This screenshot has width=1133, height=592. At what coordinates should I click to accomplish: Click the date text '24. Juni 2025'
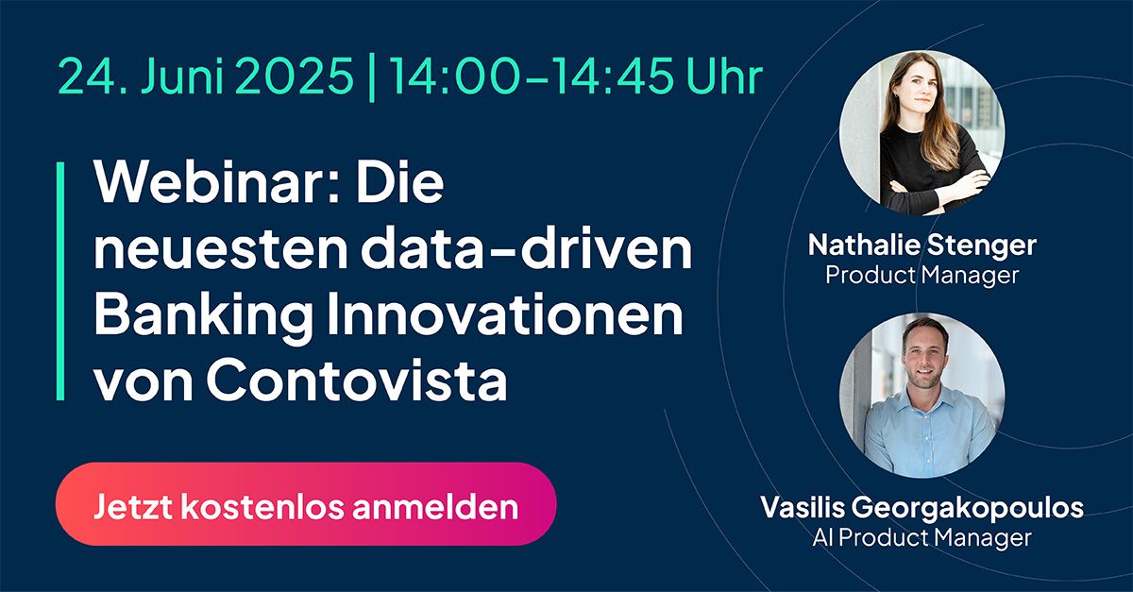[x=206, y=76]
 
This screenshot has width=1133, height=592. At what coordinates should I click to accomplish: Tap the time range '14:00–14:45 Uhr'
[x=576, y=76]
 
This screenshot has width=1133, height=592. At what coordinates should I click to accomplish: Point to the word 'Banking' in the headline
[x=203, y=318]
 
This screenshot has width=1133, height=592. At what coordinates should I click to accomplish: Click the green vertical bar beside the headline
[x=60, y=281]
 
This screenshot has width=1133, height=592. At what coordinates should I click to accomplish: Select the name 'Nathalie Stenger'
[x=922, y=245]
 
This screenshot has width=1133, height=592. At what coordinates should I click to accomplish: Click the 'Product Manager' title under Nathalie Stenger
[x=922, y=276]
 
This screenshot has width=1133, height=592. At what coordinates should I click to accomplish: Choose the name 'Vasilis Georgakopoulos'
[x=922, y=508]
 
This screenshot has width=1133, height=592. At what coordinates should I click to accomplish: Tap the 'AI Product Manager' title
[x=922, y=537]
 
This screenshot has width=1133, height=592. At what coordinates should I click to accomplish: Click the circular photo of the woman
[x=922, y=133]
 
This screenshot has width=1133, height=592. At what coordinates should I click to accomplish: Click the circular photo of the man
[x=922, y=396]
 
